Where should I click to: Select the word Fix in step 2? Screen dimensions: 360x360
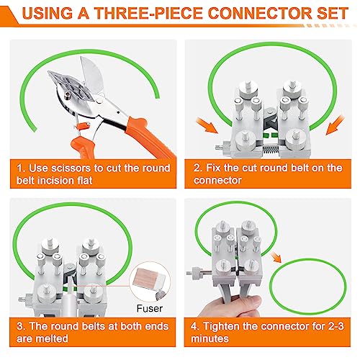coord(213,168)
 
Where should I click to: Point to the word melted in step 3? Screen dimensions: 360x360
coord(50,338)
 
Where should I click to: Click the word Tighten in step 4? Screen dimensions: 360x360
coord(221,326)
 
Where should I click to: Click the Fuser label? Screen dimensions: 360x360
coord(150,308)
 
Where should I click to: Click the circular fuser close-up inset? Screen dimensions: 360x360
coord(150,282)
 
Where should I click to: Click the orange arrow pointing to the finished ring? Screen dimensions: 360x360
coord(276,257)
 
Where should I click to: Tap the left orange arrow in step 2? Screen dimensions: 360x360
coord(207,125)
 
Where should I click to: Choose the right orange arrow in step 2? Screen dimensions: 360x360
coord(335,125)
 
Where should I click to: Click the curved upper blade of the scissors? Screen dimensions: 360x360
coord(91,75)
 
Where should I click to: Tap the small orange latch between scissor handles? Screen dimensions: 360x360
coord(82,125)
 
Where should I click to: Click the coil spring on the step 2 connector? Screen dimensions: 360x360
coord(271,150)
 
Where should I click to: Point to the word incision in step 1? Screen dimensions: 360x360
coord(55,181)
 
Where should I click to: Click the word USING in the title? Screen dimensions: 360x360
coord(48,13)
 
